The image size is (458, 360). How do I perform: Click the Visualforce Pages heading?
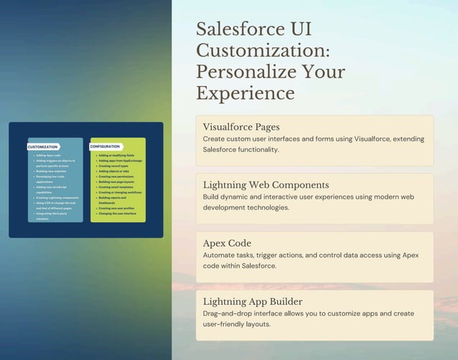(x=241, y=127)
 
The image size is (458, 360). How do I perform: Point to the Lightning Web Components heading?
(x=266, y=185)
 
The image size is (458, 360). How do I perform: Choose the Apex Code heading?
(x=227, y=243)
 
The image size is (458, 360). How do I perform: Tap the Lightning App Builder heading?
(x=253, y=301)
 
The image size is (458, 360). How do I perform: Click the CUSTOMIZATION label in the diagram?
(x=43, y=146)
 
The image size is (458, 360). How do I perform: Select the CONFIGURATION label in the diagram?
(x=105, y=146)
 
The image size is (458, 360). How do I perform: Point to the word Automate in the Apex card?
(x=223, y=255)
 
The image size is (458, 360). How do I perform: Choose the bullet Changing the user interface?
(x=117, y=214)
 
